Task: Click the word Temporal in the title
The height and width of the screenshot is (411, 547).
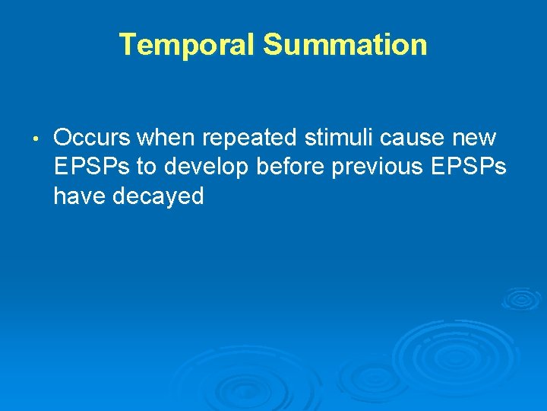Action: coord(188,45)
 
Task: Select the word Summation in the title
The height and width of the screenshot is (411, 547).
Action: coord(345,45)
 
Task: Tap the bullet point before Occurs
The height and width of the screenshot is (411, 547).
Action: coord(36,139)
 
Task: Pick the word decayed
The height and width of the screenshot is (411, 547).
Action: coord(159,197)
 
